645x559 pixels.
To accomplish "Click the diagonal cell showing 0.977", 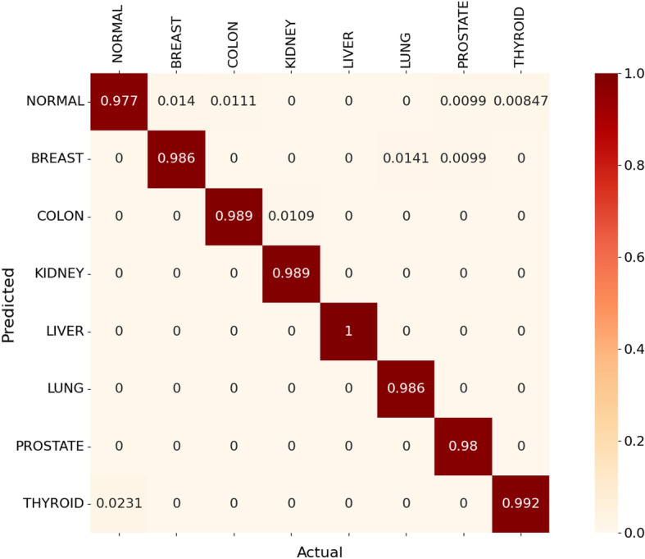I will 118,102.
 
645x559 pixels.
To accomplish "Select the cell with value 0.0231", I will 118,504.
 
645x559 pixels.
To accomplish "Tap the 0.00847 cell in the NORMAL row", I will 520,102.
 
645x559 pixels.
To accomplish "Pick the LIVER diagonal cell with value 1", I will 347,332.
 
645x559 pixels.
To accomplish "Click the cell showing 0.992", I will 520,504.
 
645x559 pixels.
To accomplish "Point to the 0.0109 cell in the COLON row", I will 290,217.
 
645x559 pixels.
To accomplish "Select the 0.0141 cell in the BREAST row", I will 405,159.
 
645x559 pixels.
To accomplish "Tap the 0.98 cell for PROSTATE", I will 462,447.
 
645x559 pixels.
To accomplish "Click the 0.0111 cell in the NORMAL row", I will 233,102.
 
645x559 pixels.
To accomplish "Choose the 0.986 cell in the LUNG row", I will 405,389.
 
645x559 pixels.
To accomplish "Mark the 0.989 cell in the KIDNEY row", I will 290,274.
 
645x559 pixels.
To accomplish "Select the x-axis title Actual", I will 319,551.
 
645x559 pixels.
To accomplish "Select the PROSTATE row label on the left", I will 55,447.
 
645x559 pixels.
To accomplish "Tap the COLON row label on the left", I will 62,217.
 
